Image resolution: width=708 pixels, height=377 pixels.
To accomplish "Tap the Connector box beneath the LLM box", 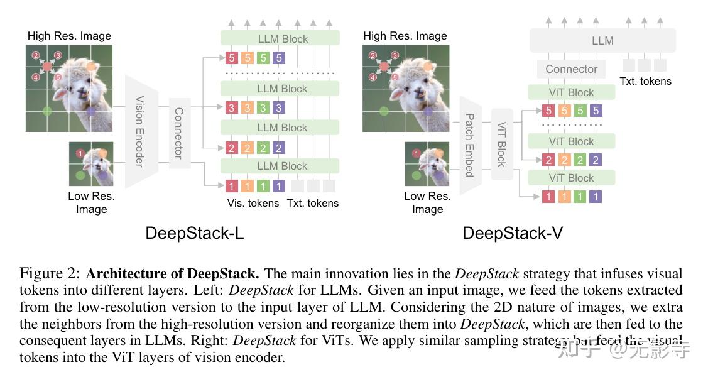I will coord(571,69).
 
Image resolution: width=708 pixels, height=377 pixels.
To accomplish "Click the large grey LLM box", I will coord(602,40).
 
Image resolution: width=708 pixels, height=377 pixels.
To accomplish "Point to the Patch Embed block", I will coord(469,145).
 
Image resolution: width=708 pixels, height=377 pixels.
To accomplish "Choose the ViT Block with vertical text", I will coord(502,144).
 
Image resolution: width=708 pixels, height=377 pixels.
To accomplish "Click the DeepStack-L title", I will coord(195,233).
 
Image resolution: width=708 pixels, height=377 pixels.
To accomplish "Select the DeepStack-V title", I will coord(513,233).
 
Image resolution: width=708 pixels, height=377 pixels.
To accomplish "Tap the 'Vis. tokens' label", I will coord(253,203).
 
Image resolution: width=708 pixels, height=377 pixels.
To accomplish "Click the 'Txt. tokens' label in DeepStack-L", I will coord(313,203).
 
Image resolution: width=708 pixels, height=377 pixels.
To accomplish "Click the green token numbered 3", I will coord(263,108).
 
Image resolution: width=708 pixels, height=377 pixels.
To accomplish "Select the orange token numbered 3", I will coord(248,108).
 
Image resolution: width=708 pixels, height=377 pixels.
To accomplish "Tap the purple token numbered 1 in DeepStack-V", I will coord(596,197).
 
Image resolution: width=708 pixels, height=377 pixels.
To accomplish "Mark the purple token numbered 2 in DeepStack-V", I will coord(596,160).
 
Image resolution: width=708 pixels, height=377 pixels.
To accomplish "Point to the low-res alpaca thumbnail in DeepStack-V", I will coord(427,164).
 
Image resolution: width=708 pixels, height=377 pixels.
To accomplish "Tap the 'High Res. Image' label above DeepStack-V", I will coord(405,36).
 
